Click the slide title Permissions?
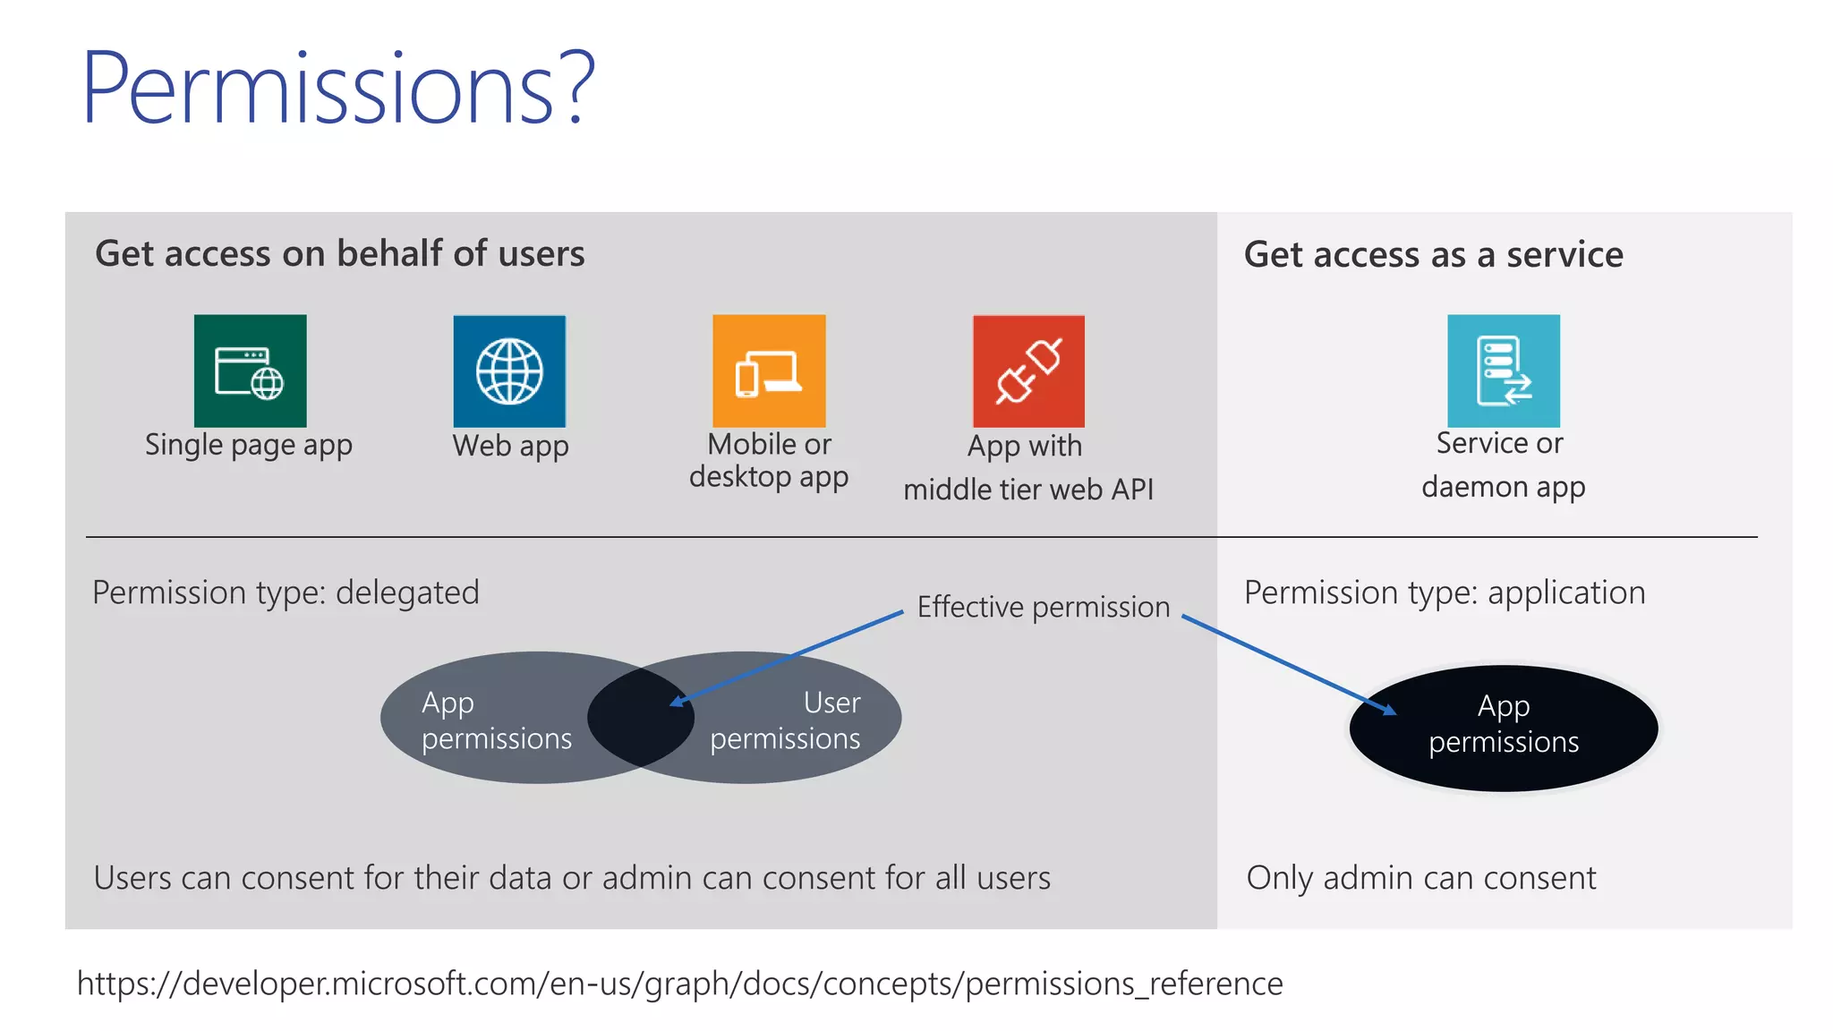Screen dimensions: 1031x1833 click(x=338, y=88)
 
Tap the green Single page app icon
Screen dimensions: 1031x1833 click(x=250, y=371)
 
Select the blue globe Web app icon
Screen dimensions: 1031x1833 click(x=509, y=371)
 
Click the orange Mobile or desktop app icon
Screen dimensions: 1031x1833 click(x=769, y=371)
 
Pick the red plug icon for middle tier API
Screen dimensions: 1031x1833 click(x=1028, y=371)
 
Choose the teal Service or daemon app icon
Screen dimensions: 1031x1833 click(x=1504, y=371)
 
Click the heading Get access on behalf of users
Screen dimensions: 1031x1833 click(x=340, y=253)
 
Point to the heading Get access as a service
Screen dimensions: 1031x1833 click(x=1433, y=254)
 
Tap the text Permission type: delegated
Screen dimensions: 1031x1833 click(x=286, y=592)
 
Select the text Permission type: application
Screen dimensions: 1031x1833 click(x=1445, y=592)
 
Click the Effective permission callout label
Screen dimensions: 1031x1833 click(x=1044, y=607)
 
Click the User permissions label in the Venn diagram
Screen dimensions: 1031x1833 click(x=786, y=720)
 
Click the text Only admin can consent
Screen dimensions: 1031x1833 click(x=1421, y=878)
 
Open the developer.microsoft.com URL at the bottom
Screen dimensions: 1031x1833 click(x=680, y=984)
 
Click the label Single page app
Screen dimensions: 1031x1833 click(x=249, y=445)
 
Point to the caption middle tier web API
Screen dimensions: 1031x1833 click(x=1028, y=490)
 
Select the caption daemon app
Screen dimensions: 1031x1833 click(x=1504, y=487)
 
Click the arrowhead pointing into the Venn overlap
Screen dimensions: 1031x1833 click(x=677, y=702)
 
